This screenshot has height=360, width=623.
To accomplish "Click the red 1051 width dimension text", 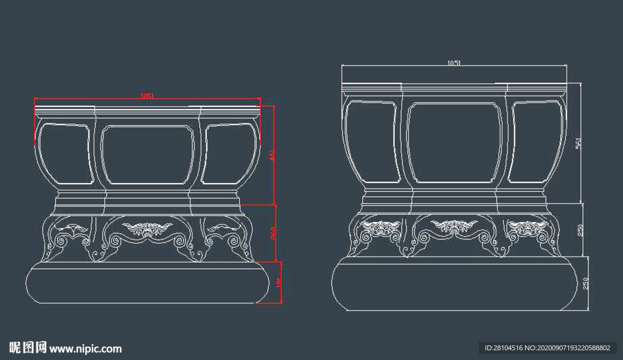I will [147, 95].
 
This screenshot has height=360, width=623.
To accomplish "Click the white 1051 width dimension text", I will [454, 63].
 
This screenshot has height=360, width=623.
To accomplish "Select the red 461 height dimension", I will [272, 156].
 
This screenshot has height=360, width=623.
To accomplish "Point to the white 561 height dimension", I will [579, 143].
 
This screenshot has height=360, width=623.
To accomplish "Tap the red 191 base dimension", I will [279, 283].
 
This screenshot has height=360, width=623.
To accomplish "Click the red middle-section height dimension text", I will [274, 233].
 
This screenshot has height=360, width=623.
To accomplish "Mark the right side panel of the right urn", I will [536, 142].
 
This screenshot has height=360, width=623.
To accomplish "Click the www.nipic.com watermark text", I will [86, 348].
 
